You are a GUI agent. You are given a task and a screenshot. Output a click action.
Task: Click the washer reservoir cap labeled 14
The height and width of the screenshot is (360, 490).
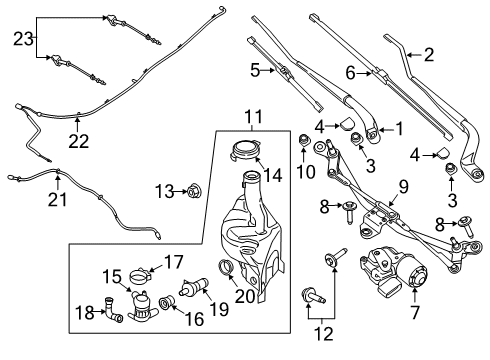coord(243,153)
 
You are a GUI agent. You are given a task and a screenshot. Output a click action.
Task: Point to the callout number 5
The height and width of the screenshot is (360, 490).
coord(254,70)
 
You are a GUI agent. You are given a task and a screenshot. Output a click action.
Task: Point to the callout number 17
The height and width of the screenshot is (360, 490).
coord(173,264)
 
